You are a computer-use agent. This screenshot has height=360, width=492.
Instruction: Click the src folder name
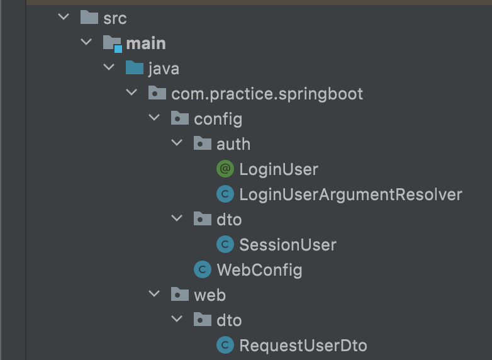[x=115, y=18]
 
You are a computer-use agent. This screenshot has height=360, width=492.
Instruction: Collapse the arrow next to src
[x=64, y=18]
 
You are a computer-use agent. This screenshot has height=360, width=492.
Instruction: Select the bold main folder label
[x=146, y=43]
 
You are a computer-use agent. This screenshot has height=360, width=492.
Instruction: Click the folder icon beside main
[x=112, y=43]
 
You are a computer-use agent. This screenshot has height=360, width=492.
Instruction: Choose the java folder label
[x=164, y=69]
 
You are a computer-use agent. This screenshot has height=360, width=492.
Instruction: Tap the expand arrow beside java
[x=109, y=68]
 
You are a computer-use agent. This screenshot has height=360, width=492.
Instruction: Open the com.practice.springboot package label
[x=267, y=94]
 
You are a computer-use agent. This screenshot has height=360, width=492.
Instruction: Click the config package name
[x=218, y=119]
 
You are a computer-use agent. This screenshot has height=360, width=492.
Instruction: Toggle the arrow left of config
[x=154, y=118]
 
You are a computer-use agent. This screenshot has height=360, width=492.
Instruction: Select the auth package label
[x=233, y=144]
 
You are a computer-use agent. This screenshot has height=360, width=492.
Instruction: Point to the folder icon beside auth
[x=202, y=144]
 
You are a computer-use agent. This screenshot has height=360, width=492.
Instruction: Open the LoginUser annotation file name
[x=279, y=169]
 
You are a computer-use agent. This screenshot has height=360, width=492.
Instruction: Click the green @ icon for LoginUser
[x=225, y=169]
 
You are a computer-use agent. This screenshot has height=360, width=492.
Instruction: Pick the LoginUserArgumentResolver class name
[x=350, y=194]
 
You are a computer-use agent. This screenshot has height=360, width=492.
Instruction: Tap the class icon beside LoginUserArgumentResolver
[x=225, y=194]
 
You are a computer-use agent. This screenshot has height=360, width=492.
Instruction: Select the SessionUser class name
[x=288, y=245]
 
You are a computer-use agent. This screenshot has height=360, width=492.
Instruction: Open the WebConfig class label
[x=259, y=270]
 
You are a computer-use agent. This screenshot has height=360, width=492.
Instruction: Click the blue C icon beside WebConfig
[x=202, y=270]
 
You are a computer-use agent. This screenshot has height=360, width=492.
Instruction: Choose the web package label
[x=210, y=295]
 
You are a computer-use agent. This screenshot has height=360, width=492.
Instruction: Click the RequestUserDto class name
[x=303, y=346]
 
